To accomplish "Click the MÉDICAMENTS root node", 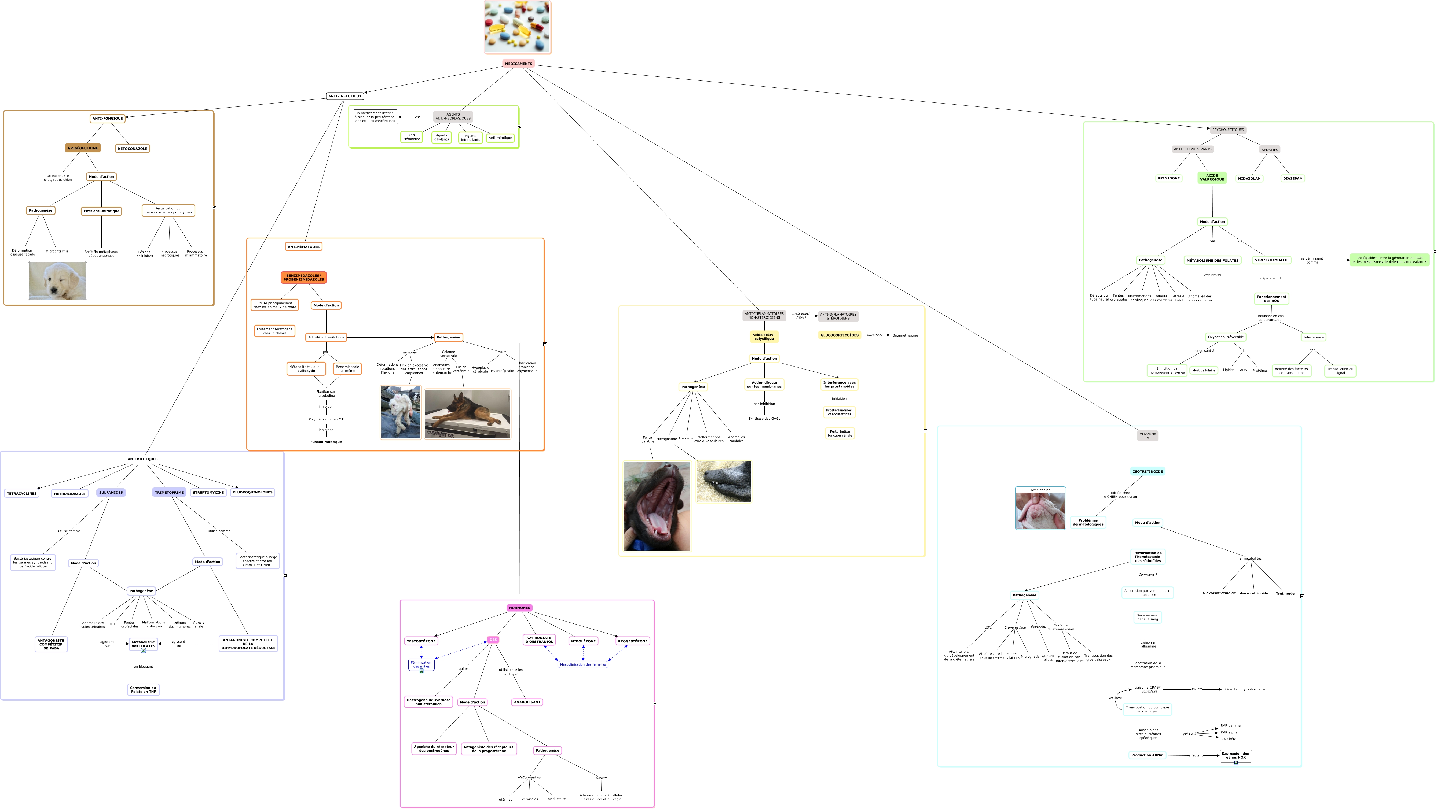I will coord(518,64).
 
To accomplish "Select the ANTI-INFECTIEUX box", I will coord(345,96).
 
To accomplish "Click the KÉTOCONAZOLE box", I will coord(132,148).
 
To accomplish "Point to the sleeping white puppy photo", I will coord(57,281).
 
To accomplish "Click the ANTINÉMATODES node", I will coord(303,246).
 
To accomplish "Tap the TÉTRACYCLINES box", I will coord(22,493).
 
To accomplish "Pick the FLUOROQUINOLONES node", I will coord(253,492).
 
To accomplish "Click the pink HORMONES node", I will coord(519,608).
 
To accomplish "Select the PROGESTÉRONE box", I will coord(633,641).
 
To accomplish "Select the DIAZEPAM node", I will coord(1292,178).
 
